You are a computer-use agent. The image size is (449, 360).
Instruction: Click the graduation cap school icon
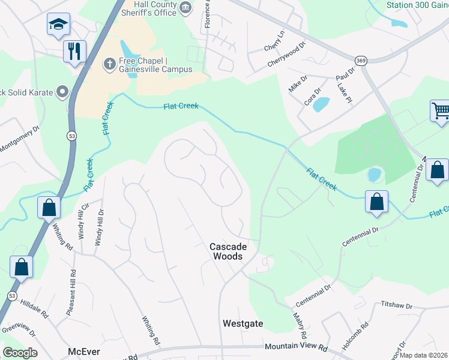click(58, 25)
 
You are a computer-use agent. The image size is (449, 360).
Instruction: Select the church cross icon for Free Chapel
click(109, 64)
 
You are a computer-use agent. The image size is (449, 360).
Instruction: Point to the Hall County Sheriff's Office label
click(156, 7)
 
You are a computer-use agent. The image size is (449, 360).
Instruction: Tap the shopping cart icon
click(440, 111)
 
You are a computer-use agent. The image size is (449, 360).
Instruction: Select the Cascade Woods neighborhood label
click(226, 251)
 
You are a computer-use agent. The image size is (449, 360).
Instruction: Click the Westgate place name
click(243, 323)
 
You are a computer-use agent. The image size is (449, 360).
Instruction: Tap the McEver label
click(83, 352)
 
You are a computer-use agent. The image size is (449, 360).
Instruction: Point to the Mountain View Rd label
click(296, 347)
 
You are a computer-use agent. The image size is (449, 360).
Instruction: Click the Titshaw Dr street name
click(397, 305)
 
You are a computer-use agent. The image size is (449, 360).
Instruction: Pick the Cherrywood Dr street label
click(286, 53)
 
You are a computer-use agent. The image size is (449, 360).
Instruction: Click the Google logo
click(20, 352)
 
